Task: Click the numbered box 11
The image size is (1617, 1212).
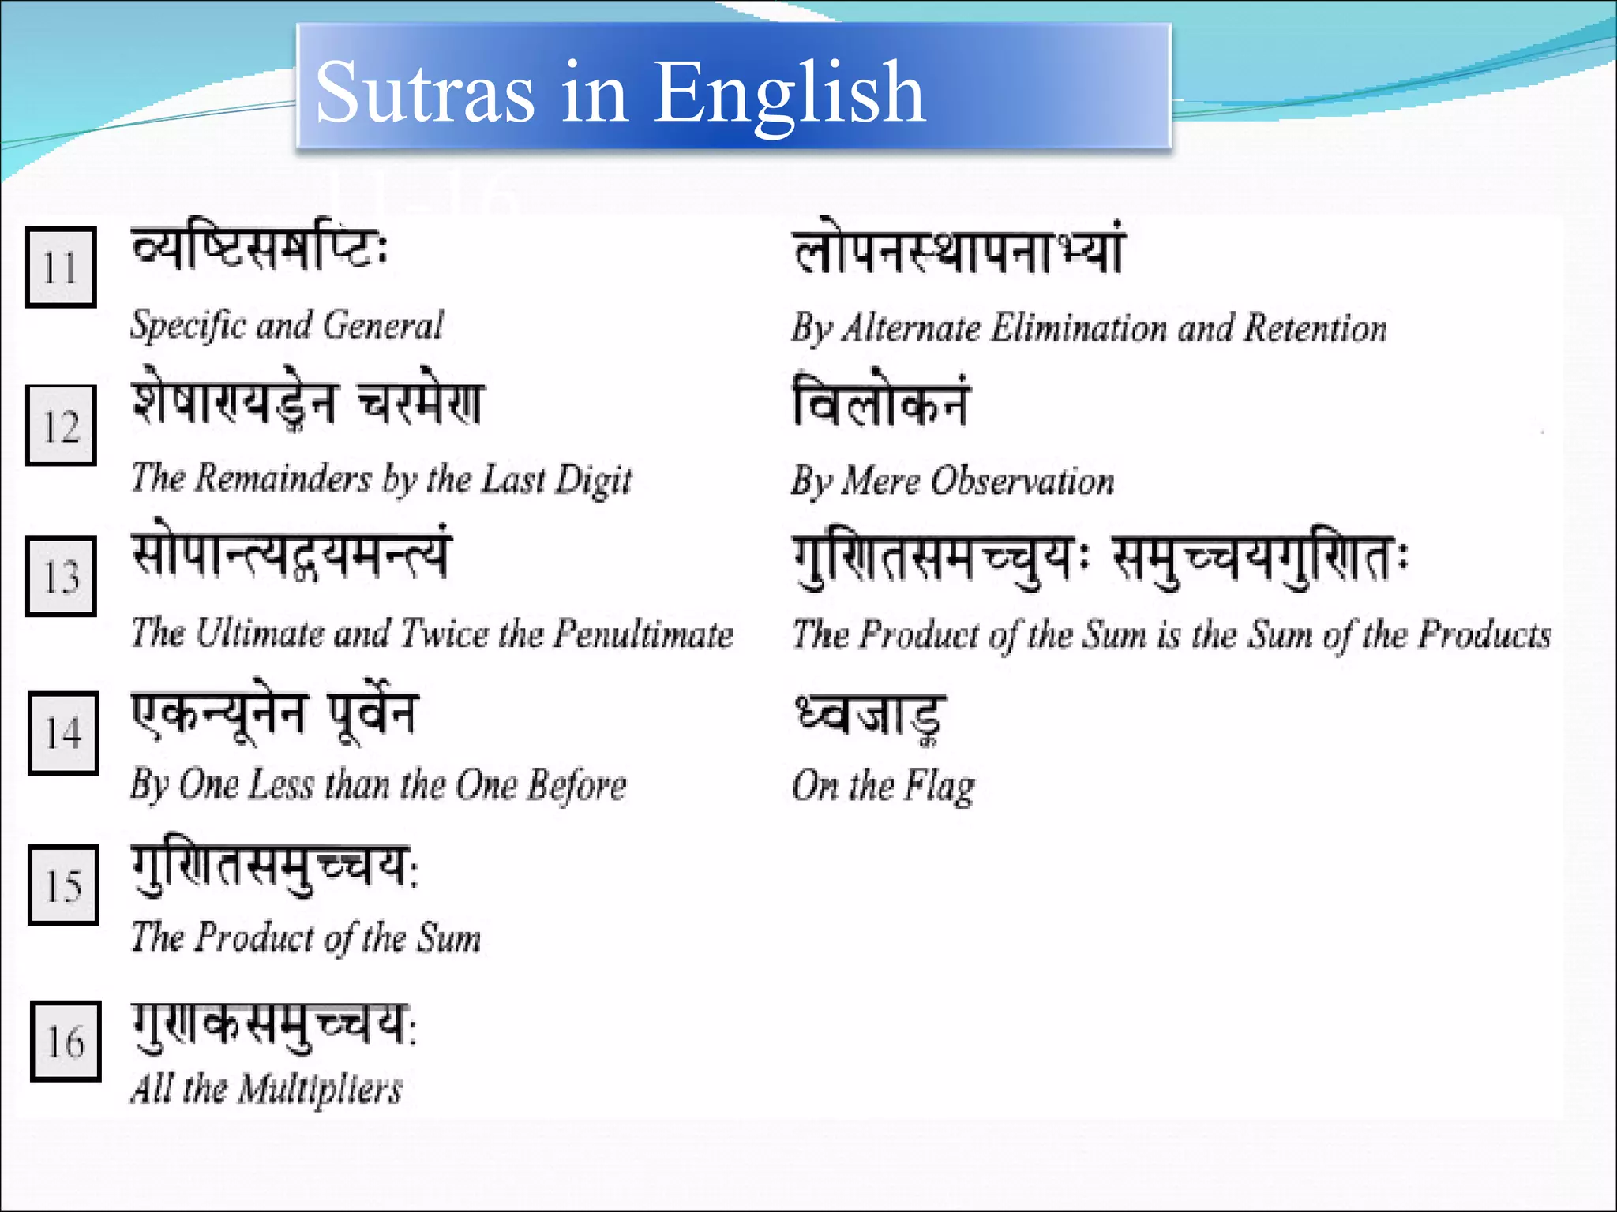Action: [61, 267]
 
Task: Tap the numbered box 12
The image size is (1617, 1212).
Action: [61, 426]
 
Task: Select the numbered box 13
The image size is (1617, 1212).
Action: [61, 576]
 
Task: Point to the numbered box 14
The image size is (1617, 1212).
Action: [63, 733]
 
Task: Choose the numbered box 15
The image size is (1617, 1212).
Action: [63, 885]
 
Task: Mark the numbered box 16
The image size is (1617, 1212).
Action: [66, 1041]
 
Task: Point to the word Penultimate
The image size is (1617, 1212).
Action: [643, 634]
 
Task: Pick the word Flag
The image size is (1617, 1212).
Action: [940, 787]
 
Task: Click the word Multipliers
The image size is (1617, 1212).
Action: [321, 1090]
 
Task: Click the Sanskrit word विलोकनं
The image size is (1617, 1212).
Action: [880, 402]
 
